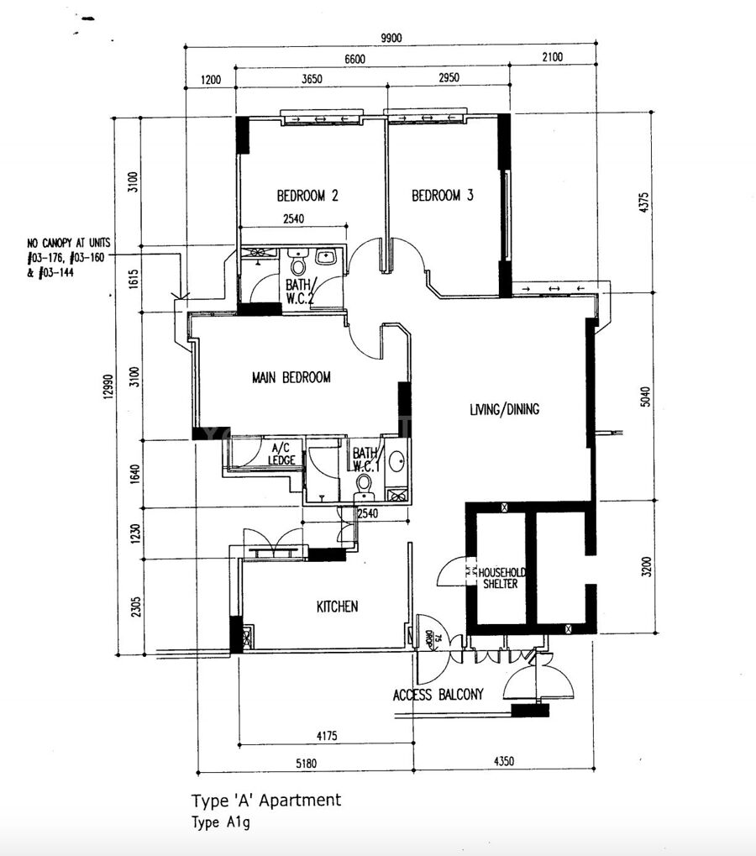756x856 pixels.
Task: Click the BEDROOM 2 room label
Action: [x=307, y=196]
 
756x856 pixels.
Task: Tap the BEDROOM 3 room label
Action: [x=442, y=195]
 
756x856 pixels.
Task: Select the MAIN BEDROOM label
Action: [x=291, y=377]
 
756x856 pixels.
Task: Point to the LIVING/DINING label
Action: [x=504, y=409]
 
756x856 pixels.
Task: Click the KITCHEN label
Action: [x=338, y=607]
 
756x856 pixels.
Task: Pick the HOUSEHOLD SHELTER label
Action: [x=501, y=578]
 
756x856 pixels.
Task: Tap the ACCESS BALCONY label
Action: [x=438, y=695]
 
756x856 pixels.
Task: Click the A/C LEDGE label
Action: [x=281, y=454]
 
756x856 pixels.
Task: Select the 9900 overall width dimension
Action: [x=391, y=38]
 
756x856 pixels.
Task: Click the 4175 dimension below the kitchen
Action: [x=327, y=736]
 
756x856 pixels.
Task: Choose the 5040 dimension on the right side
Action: [x=645, y=396]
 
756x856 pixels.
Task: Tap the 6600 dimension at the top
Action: [x=354, y=59]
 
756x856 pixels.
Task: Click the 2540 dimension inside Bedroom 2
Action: [x=294, y=219]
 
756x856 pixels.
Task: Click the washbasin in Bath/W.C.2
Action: [x=327, y=256]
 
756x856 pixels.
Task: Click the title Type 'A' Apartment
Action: [x=265, y=801]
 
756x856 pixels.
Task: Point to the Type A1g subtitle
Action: [x=221, y=822]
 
